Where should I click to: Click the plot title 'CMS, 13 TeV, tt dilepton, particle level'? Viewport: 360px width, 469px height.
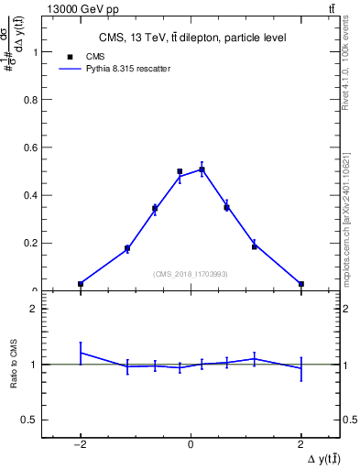(192, 38)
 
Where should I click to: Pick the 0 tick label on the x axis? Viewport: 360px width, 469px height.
(191, 444)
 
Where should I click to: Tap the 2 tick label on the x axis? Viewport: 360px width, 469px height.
(301, 444)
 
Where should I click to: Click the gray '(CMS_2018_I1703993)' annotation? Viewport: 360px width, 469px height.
(191, 275)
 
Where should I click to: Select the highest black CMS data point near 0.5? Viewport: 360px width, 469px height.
(202, 169)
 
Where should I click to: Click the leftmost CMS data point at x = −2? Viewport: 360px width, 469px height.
(81, 284)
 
